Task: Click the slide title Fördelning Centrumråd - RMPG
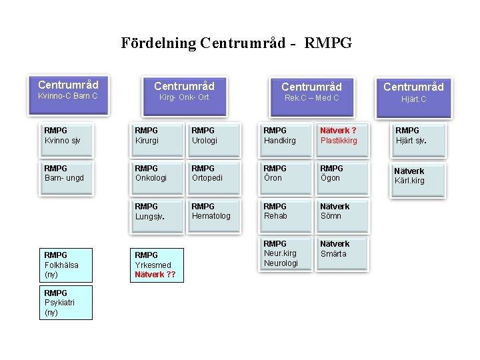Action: pyautogui.click(x=236, y=43)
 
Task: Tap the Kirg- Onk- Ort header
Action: pyautogui.click(x=184, y=92)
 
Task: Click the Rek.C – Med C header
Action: pyautogui.click(x=311, y=92)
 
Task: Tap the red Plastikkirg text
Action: pyautogui.click(x=339, y=141)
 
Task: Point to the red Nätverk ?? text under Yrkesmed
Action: pyautogui.click(x=155, y=274)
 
